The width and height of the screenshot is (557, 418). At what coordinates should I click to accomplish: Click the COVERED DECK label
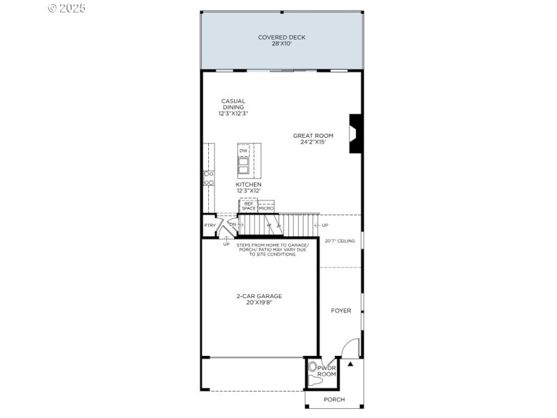[281, 37]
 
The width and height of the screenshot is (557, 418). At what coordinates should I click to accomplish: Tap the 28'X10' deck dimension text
[281, 44]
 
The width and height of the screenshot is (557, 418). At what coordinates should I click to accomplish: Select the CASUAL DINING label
[233, 104]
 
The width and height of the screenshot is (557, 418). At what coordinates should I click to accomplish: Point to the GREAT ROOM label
[313, 136]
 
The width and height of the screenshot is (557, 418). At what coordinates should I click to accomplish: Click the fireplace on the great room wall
[355, 133]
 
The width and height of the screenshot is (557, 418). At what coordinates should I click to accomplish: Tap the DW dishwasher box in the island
[244, 150]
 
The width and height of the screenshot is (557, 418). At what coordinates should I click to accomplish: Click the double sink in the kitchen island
[244, 167]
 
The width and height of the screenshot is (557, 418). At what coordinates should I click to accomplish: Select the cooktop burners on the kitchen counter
[207, 178]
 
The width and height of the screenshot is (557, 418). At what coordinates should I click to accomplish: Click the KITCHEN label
[249, 185]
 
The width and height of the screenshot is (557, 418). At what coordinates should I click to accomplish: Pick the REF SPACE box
[249, 206]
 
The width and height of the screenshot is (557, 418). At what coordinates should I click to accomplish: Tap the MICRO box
[266, 208]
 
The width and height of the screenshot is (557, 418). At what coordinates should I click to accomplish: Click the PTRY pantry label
[210, 225]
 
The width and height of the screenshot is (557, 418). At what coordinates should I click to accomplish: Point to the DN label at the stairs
[233, 224]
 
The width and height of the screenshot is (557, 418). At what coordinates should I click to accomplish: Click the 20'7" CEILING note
[340, 241]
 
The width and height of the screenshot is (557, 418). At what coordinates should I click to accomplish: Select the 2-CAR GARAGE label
[259, 295]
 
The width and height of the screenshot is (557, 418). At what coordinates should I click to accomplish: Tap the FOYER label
[340, 311]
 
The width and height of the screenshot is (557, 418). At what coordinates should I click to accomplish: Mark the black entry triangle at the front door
[351, 364]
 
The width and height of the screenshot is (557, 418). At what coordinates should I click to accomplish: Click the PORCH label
[334, 400]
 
